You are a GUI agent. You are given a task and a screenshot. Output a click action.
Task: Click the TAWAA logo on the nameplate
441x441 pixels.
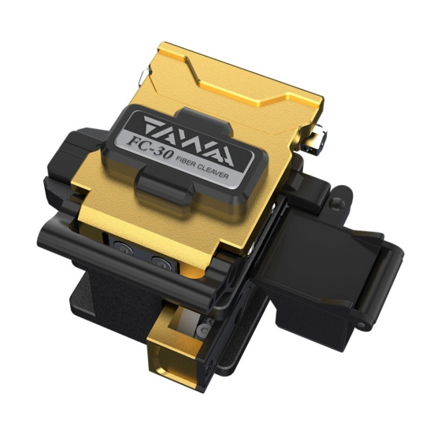click(x=189, y=140)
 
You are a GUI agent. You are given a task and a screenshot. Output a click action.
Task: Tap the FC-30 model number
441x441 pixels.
click(x=149, y=146)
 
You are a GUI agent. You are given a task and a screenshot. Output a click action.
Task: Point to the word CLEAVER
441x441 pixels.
click(x=214, y=172)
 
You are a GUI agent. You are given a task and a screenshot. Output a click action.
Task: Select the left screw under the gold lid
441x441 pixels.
click(x=124, y=248)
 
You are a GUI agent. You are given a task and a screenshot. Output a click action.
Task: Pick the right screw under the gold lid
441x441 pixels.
click(x=161, y=264)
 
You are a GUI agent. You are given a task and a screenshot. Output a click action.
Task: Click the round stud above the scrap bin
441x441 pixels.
click(x=337, y=202)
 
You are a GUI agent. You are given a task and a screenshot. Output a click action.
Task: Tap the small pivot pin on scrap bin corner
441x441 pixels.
click(x=361, y=325)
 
